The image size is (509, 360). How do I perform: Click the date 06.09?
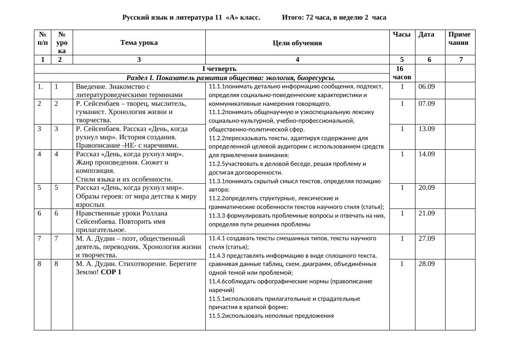[426, 87]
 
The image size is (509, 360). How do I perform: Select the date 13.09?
[426, 129]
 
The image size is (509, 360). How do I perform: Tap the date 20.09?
[426, 188]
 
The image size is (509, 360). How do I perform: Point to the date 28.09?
[426, 263]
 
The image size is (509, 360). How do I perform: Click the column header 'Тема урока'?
[139, 43]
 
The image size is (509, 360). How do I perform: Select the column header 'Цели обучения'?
[297, 43]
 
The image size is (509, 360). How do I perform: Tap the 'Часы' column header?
[402, 34]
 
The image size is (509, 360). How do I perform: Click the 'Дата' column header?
[426, 34]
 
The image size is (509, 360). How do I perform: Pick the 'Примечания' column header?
[459, 38]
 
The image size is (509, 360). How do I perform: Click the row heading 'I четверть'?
[220, 69]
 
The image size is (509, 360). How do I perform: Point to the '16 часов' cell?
[402, 73]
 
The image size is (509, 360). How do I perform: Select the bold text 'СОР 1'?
[111, 272]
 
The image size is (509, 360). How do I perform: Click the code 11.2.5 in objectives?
[217, 164]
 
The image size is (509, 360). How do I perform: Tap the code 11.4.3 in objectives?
[217, 256]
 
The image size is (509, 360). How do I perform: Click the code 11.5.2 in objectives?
[217, 316]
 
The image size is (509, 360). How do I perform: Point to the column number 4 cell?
[297, 60]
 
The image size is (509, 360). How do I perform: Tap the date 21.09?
[426, 213]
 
